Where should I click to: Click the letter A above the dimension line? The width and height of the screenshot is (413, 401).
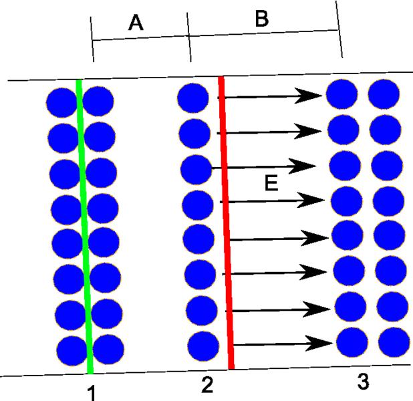136,23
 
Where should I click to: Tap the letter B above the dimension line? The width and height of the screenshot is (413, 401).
262,19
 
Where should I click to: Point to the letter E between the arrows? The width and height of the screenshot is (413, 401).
271,183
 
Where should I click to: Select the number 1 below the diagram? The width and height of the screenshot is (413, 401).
91,393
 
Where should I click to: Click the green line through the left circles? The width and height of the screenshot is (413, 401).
84,227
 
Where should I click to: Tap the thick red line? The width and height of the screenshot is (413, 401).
227,223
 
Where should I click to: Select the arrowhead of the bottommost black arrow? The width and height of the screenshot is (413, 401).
319,343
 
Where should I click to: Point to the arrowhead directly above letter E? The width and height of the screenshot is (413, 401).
302,166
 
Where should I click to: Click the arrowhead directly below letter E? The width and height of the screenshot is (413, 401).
311,200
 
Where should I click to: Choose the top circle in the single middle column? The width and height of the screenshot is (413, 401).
193,98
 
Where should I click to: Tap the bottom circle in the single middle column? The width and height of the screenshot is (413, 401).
203,346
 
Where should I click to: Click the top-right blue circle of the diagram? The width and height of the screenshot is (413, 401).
384,94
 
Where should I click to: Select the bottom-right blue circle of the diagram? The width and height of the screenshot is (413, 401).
394,342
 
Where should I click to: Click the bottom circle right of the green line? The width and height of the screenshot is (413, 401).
108,350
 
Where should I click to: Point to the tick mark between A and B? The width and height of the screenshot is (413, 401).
189,37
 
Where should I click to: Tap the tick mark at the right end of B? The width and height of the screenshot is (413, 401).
339,29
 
